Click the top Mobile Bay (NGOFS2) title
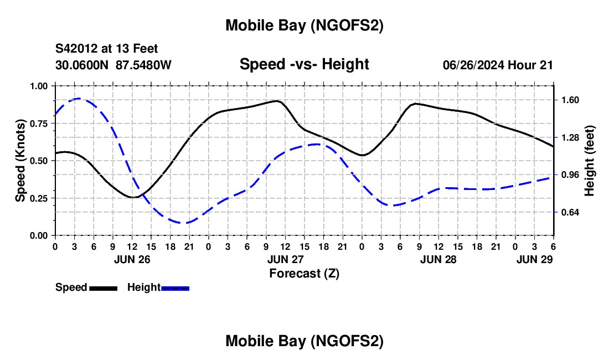(x=304, y=25)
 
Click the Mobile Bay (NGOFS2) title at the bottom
(x=304, y=342)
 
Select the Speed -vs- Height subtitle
(x=304, y=64)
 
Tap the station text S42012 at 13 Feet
(x=106, y=49)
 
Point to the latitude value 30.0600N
(x=82, y=65)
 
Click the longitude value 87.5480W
(x=143, y=65)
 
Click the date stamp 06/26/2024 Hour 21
(x=498, y=65)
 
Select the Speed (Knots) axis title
(x=20, y=161)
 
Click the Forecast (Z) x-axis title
(x=304, y=273)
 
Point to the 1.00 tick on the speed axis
(x=39, y=86)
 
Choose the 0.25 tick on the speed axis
(x=39, y=198)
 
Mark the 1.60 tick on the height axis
(x=570, y=100)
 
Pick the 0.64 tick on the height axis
(x=570, y=213)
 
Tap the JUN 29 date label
(x=534, y=259)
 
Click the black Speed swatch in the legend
(x=103, y=288)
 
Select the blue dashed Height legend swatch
(x=176, y=288)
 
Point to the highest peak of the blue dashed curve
(x=79, y=99)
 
